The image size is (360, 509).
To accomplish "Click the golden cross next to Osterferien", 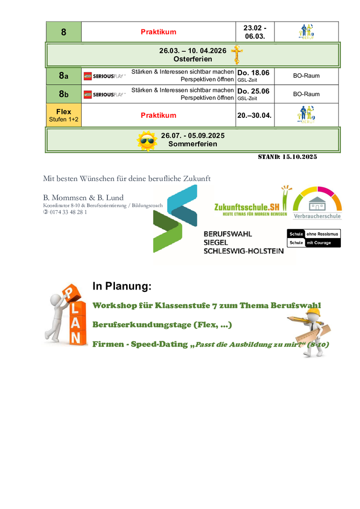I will (x=237, y=55).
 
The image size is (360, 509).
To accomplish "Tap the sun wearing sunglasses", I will (x=146, y=140).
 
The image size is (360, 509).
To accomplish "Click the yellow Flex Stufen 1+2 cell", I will (x=64, y=115).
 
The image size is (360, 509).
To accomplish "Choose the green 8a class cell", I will (x=64, y=76).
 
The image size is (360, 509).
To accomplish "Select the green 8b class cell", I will (x=64, y=94).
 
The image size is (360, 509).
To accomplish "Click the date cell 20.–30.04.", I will (x=254, y=115).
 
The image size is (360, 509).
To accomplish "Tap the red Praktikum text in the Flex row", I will (x=158, y=115).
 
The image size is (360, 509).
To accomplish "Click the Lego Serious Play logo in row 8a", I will (x=105, y=76).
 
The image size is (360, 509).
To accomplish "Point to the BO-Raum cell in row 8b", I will (x=306, y=94).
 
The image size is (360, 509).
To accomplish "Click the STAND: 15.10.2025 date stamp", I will (x=288, y=157).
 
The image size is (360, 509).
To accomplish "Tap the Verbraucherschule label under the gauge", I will (x=317, y=216).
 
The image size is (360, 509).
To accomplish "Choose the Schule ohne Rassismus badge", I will (x=314, y=234).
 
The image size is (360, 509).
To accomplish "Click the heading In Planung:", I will (x=122, y=287).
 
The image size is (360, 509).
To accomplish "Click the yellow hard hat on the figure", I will (x=314, y=311).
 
